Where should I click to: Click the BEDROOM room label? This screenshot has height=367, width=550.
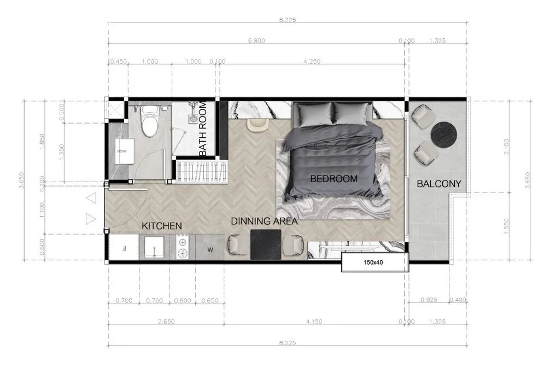333,179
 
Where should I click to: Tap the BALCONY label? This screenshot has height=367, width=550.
439,184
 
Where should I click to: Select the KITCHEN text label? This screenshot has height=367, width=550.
162,226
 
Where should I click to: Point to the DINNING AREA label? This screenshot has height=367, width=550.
264,221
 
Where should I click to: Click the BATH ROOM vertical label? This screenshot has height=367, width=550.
203,129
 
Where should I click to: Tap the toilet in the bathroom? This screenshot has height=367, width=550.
149,120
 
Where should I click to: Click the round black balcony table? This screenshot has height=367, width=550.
444,133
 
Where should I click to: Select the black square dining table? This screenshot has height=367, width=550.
266,244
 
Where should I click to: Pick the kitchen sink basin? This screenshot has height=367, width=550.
154,248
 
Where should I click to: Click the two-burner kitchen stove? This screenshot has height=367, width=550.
183,248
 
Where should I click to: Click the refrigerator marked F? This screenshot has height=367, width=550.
124,247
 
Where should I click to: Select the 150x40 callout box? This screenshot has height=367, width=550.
375,263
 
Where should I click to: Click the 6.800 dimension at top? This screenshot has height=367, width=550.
256,40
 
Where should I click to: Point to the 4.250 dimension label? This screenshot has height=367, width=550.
312,61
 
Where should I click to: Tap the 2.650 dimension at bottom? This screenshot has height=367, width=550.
166,322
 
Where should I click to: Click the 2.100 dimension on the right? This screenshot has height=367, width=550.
506,147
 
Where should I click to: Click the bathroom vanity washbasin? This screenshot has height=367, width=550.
125,151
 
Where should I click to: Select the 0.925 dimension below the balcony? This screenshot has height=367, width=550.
429,300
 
